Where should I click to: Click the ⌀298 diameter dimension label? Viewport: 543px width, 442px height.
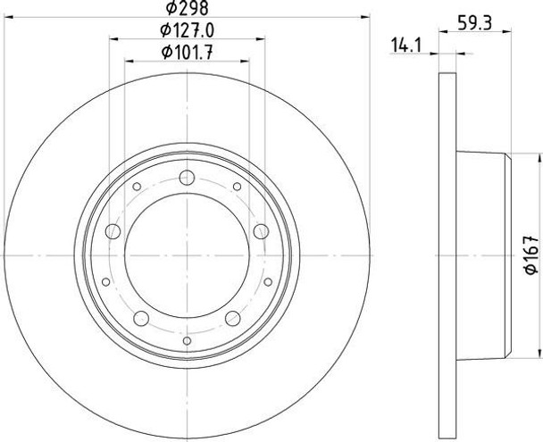(x=187, y=8)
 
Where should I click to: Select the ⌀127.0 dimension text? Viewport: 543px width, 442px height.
(x=187, y=30)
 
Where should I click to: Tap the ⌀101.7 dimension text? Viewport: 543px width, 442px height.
(x=187, y=53)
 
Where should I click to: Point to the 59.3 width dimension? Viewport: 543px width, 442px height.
(x=475, y=24)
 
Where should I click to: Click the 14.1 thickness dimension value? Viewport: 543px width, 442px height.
(x=405, y=46)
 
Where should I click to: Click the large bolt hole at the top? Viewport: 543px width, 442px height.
(x=187, y=178)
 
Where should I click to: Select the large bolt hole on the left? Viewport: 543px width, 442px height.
(x=113, y=231)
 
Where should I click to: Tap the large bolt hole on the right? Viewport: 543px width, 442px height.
(x=261, y=231)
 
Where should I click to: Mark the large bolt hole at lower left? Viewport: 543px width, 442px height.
(x=141, y=318)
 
